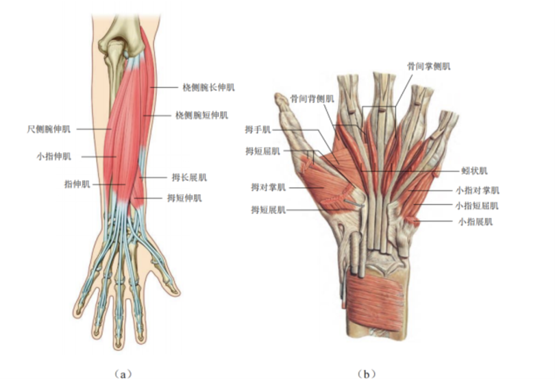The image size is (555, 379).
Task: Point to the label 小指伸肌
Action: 53,156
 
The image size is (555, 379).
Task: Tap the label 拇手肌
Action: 258,129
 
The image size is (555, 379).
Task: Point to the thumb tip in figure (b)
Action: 279,99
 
